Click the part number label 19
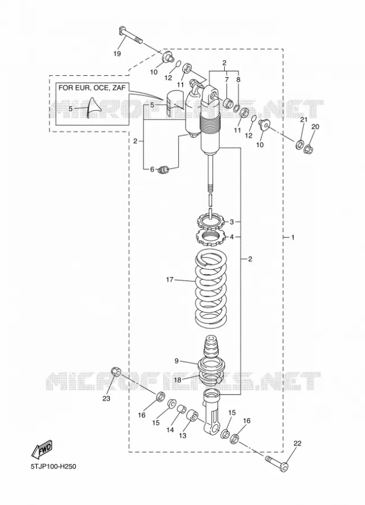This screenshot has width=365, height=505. point(117,53)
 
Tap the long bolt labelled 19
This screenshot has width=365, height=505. point(131,35)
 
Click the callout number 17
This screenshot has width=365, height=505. point(170,279)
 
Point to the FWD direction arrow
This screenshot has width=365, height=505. point(41,449)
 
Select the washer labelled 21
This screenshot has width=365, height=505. point(300,144)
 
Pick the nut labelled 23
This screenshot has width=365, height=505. point(116,371)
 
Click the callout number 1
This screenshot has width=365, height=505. point(293,237)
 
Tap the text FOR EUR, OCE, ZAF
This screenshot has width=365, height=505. point(92,88)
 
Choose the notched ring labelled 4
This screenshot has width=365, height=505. point(210,236)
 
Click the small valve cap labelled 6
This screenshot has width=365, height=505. point(164,169)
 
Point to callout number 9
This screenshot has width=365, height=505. point(177,361)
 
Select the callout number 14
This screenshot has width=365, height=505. point(170,429)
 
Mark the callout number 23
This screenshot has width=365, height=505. point(106,398)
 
